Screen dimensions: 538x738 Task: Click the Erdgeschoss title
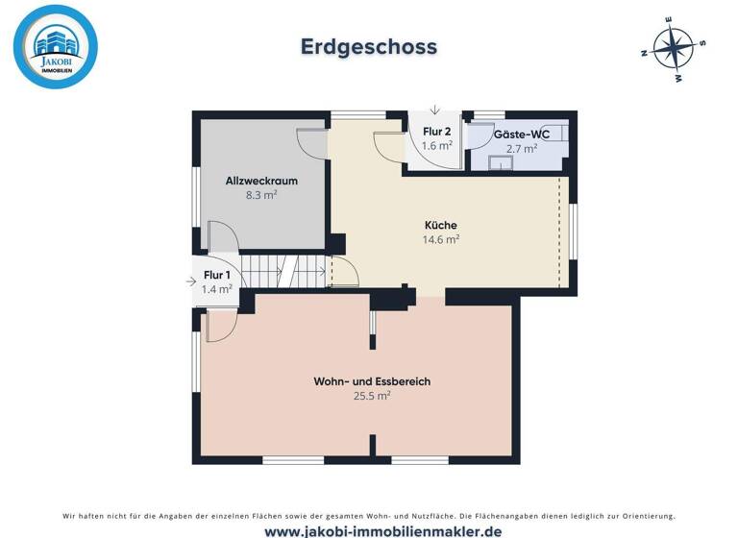tap(369, 47)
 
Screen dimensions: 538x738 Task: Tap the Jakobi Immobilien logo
tap(56, 47)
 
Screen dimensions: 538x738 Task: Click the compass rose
tap(673, 48)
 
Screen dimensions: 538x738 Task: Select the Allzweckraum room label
tap(261, 181)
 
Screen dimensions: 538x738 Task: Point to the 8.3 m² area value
tap(261, 195)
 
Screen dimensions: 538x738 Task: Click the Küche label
tap(441, 226)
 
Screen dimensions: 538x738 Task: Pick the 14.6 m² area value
tap(441, 240)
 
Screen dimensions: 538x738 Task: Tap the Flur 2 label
tap(436, 132)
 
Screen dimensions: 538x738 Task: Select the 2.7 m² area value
tap(522, 149)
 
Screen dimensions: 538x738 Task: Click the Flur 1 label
tap(216, 275)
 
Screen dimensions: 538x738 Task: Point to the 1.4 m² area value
tap(216, 288)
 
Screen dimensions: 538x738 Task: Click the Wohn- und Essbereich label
tap(372, 381)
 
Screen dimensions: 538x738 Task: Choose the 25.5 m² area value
tap(372, 396)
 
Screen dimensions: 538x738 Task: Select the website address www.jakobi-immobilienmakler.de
tap(369, 530)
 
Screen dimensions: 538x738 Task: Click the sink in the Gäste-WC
tap(499, 162)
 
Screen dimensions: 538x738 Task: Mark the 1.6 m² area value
tap(436, 146)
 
